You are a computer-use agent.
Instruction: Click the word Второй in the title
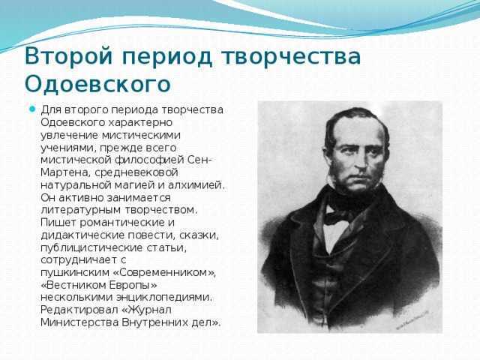coord(68,56)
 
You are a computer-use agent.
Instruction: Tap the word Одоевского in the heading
coord(97,83)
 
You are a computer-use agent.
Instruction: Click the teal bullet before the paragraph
coord(32,109)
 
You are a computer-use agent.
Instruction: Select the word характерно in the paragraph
coord(140,122)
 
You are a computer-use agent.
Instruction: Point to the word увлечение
coord(70,135)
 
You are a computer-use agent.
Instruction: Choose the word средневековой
coord(136,172)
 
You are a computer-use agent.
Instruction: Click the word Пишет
coord(58,222)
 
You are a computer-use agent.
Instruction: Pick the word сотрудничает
coord(79,260)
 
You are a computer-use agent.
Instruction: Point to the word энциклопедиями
coord(164,297)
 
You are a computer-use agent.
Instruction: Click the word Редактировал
coord(79,310)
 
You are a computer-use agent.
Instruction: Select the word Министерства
coord(79,322)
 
